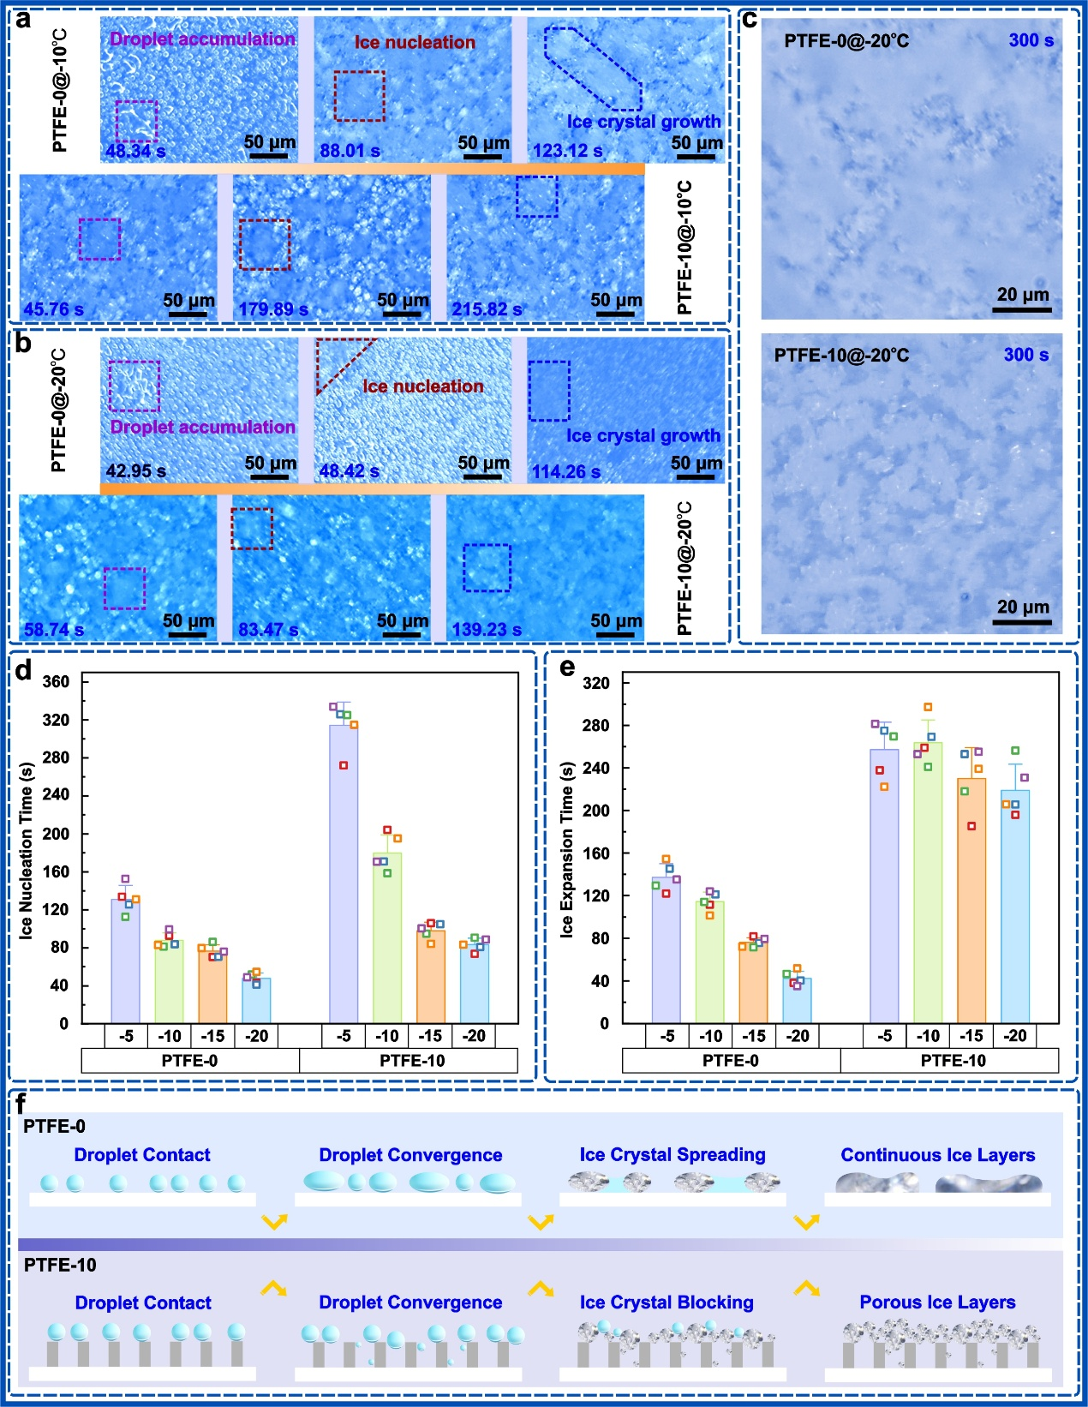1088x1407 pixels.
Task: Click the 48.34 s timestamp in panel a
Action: point(136,152)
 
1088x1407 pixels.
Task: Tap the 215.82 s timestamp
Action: point(487,309)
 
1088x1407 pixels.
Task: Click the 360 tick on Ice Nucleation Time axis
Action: point(56,682)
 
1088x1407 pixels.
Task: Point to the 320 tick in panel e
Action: point(596,684)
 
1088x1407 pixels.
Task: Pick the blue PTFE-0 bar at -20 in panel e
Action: point(797,1001)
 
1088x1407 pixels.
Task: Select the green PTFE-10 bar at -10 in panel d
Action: point(387,938)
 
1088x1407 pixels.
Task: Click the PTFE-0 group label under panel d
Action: point(189,1061)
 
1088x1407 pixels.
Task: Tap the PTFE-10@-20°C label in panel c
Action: point(841,356)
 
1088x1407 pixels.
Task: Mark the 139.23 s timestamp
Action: point(487,629)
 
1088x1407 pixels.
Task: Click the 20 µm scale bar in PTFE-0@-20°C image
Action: point(1022,309)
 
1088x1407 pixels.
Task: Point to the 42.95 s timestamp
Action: point(136,470)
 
